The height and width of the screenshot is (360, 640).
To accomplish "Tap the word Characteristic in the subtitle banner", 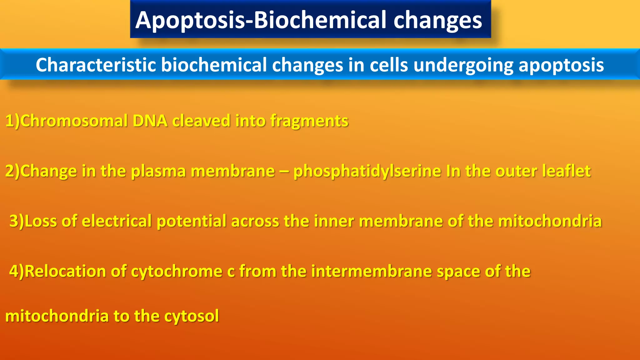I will point(96,65).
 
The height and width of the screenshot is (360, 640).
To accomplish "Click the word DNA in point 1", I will point(150,121).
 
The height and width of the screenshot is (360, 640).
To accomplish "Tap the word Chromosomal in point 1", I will point(74,121).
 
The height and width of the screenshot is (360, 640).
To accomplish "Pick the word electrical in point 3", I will point(117,221).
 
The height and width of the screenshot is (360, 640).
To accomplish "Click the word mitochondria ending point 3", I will point(550,221).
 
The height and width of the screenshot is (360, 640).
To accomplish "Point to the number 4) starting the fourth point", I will point(16,271).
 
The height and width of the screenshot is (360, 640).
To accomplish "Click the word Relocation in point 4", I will point(65,271).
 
